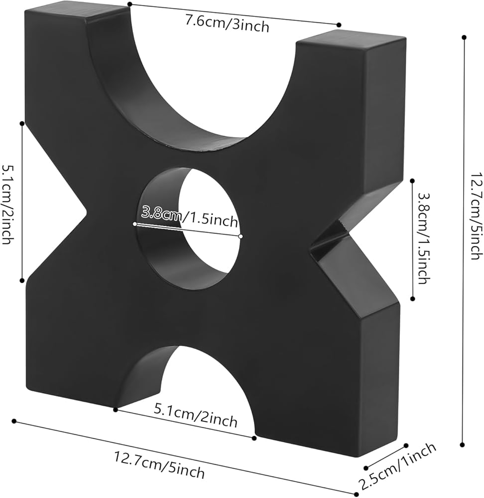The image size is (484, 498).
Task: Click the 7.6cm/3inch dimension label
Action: (227, 23)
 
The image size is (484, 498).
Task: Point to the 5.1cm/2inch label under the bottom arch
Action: (196, 415)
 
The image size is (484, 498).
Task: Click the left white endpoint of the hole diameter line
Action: (134, 224)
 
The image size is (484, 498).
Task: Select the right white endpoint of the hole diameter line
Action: (241, 236)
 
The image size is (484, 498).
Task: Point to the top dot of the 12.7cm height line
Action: (464, 37)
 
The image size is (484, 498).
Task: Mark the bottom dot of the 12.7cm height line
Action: (463, 445)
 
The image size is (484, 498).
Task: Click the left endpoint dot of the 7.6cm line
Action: (129, 4)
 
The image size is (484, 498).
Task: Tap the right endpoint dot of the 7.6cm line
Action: (339, 25)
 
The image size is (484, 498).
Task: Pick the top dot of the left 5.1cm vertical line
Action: (22, 123)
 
